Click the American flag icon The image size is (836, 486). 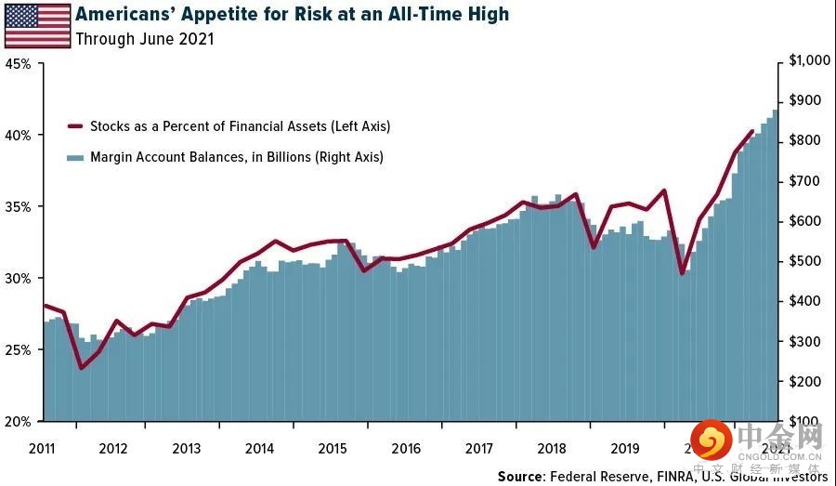click(37, 25)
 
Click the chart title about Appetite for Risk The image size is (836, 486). click(292, 15)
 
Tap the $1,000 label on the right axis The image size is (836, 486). click(808, 60)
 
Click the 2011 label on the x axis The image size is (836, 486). click(42, 448)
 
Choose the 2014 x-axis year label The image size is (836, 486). click(259, 448)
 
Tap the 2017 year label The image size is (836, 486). click(478, 448)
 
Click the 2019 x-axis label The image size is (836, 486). click(625, 448)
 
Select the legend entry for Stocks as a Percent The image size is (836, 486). click(239, 126)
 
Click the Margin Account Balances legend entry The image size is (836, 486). click(236, 158)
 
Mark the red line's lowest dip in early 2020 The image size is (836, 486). click(682, 273)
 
